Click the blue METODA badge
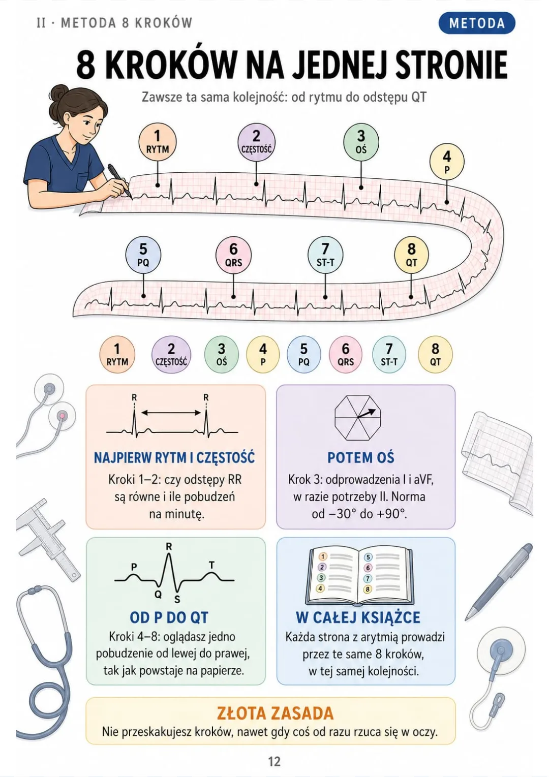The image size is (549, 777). [x=476, y=23]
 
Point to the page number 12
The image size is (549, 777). [x=274, y=761]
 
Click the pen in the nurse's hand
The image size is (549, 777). [x=119, y=180]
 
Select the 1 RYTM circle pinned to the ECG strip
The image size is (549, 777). [x=158, y=142]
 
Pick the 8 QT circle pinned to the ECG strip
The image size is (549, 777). [x=411, y=255]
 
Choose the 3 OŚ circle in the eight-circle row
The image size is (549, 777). [x=222, y=355]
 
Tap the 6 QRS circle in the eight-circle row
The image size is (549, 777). [x=346, y=355]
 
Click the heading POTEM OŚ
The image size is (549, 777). [x=361, y=457]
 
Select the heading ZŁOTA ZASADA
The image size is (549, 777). [x=275, y=713]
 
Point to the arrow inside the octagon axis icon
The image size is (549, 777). [x=367, y=413]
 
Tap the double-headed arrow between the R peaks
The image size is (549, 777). [x=171, y=413]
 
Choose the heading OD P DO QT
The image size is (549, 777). [x=169, y=617]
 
